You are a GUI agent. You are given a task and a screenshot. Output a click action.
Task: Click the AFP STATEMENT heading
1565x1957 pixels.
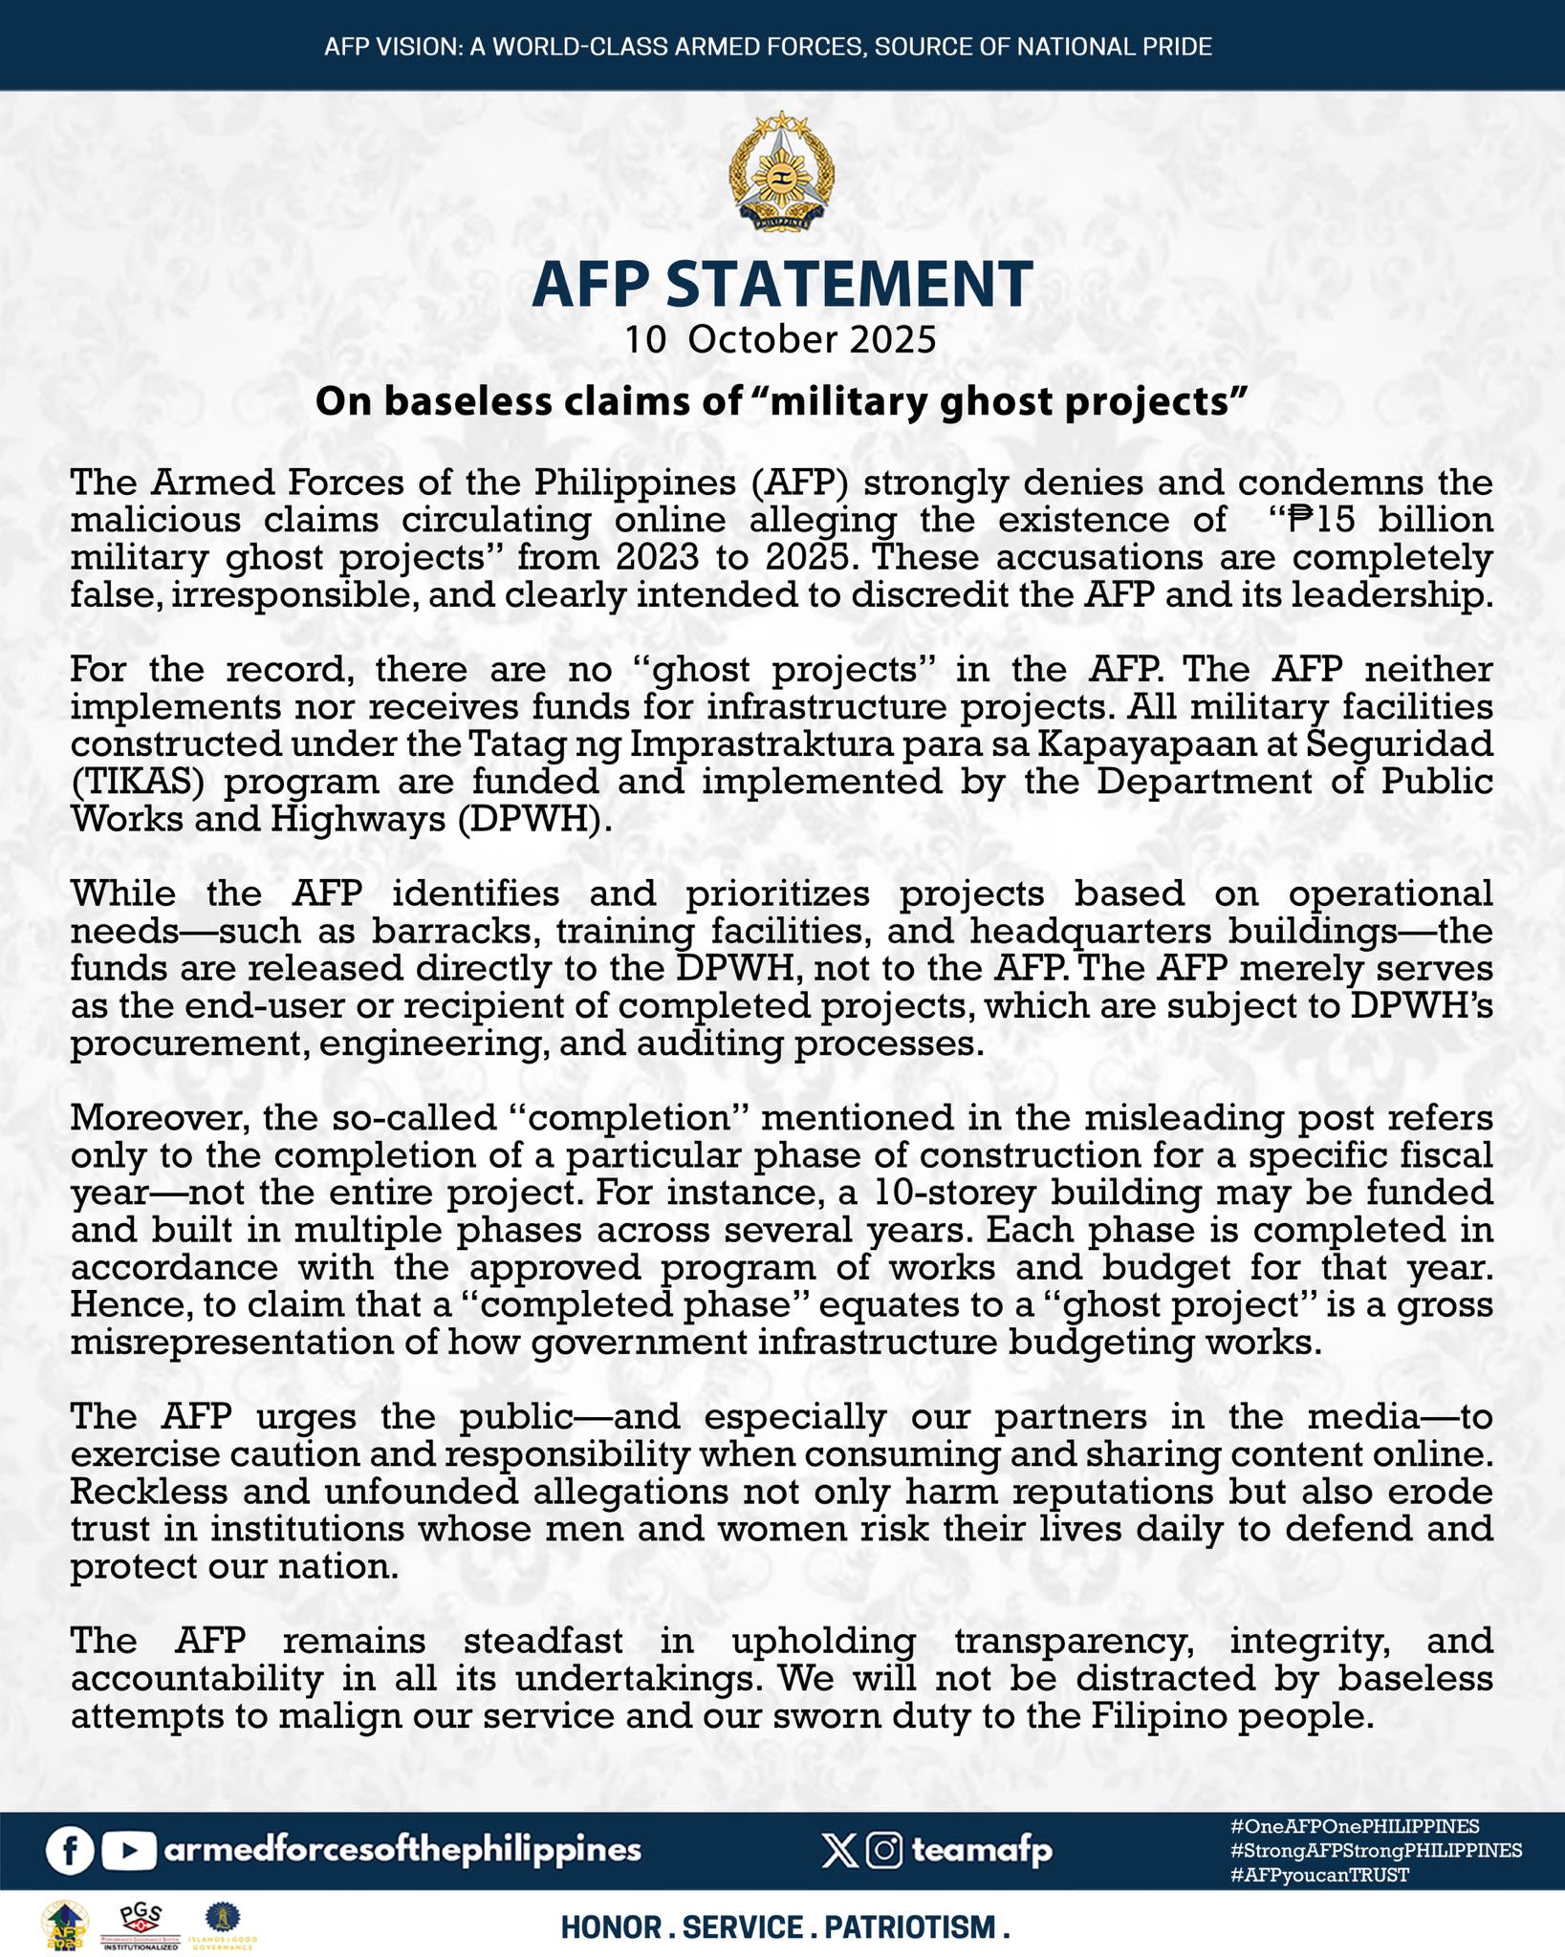click(x=782, y=284)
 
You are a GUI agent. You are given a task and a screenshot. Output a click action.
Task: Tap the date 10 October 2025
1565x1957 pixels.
click(x=780, y=339)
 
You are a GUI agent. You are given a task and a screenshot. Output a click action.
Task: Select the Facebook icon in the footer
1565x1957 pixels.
click(x=70, y=1851)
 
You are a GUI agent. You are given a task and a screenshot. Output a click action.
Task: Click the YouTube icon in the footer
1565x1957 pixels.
click(x=128, y=1851)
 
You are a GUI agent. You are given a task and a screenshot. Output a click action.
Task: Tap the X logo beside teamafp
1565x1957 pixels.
click(x=839, y=1851)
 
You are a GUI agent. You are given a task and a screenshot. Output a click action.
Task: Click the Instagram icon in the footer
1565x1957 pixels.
click(x=885, y=1851)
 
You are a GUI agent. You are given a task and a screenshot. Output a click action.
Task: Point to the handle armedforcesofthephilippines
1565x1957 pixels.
click(x=402, y=1850)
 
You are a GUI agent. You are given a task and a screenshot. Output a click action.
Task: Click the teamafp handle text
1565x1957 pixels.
click(x=982, y=1851)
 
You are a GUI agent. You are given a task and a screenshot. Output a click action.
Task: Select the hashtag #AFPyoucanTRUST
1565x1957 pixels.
click(x=1320, y=1875)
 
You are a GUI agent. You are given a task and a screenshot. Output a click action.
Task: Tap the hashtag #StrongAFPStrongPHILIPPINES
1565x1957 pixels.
click(x=1377, y=1850)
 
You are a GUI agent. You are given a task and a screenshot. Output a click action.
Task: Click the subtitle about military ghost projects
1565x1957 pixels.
click(x=782, y=401)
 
